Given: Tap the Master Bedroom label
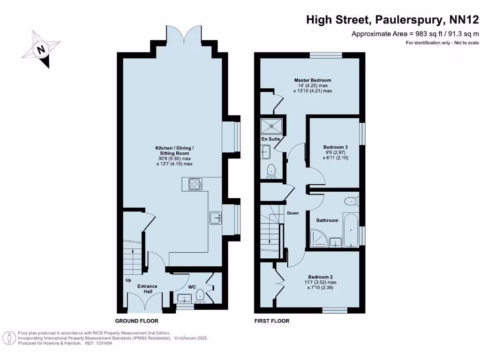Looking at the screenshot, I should pyautogui.click(x=313, y=80).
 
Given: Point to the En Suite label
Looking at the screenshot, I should pyautogui.click(x=271, y=139).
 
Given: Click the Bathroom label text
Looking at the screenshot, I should pyautogui.click(x=327, y=220).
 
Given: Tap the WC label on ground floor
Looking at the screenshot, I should pyautogui.click(x=192, y=286).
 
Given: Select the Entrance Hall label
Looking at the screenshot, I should pyautogui.click(x=147, y=289).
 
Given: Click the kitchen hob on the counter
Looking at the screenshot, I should pyautogui.click(x=195, y=184).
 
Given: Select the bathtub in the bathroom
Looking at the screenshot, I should pyautogui.click(x=351, y=230).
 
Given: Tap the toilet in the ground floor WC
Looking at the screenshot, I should pyautogui.click(x=200, y=296).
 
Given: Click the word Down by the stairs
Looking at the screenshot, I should pyautogui.click(x=293, y=213).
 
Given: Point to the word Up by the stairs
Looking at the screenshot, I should pyautogui.click(x=128, y=280).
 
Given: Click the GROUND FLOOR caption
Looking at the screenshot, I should pyautogui.click(x=137, y=321).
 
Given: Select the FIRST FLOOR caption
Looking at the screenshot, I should pyautogui.click(x=272, y=321).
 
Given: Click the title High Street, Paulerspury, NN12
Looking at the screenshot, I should pyautogui.click(x=392, y=20).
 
